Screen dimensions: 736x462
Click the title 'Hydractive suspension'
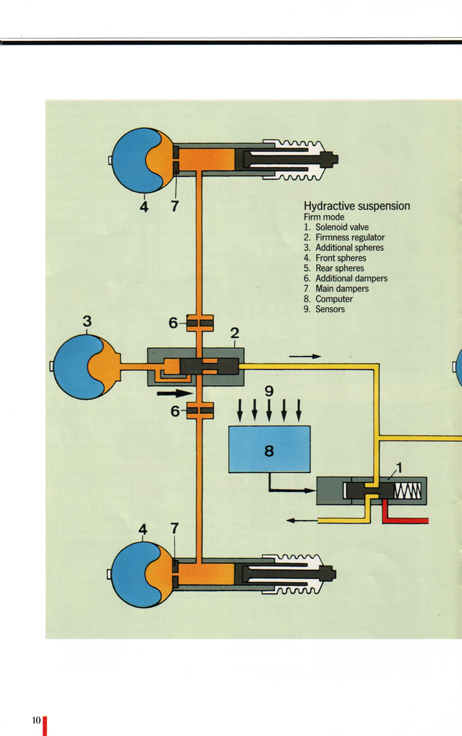pos(357,206)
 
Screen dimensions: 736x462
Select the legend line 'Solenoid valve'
pos(341,227)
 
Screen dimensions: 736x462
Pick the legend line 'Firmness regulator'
pos(349,237)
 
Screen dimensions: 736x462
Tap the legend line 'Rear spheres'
pos(340,268)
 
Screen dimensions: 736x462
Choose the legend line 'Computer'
pos(334,299)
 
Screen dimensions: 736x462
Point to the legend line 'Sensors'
pos(330,309)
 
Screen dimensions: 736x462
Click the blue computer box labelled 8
pos(269,449)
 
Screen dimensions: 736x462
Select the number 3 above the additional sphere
pos(87,322)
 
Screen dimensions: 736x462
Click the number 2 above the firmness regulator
pos(234,333)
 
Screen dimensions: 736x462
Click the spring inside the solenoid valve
pos(408,491)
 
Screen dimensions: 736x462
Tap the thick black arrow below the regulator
pos(174,393)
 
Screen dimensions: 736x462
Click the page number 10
pos(36,720)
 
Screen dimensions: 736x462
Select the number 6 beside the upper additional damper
pos(173,324)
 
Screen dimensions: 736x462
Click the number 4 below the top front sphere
pos(144,206)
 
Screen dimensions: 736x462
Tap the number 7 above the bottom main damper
pos(174,528)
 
